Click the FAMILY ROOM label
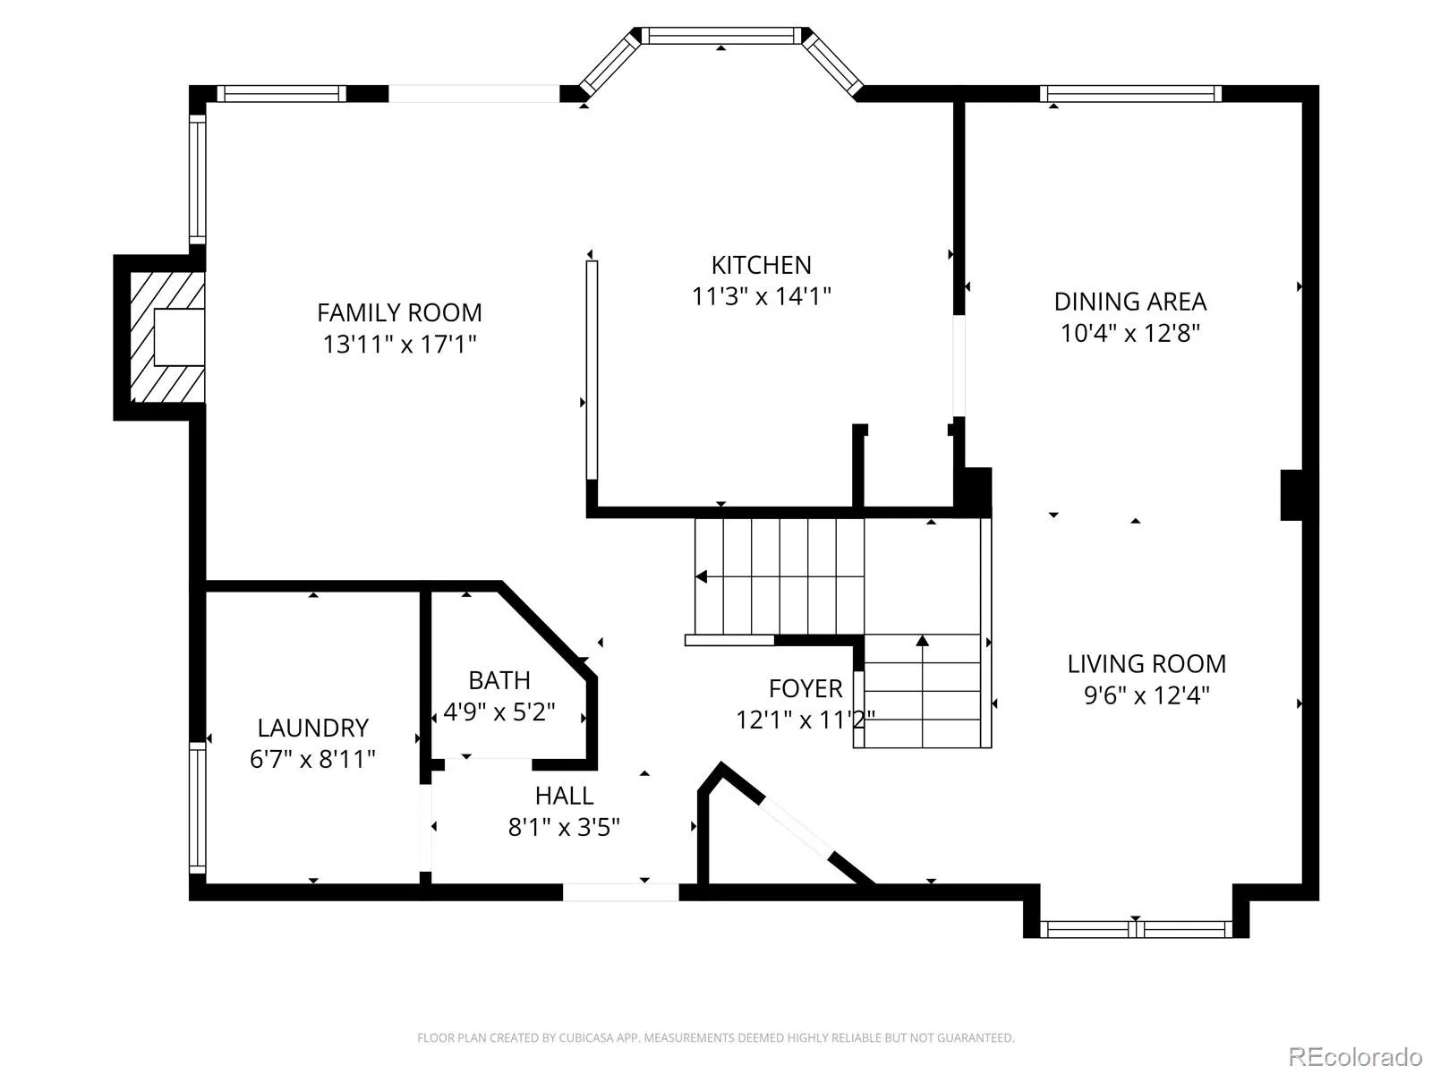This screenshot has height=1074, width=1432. pyautogui.click(x=399, y=313)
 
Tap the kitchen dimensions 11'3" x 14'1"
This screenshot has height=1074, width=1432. pyautogui.click(x=762, y=297)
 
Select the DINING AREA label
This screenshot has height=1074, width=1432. pyautogui.click(x=1130, y=302)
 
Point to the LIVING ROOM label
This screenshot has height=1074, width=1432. pyautogui.click(x=1146, y=664)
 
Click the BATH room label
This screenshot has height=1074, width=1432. pyautogui.click(x=499, y=681)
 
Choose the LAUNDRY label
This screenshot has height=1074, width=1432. pyautogui.click(x=313, y=728)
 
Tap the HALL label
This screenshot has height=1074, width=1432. pyautogui.click(x=565, y=796)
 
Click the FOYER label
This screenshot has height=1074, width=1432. pyautogui.click(x=805, y=688)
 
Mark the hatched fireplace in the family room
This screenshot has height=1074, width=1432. pyautogui.click(x=167, y=337)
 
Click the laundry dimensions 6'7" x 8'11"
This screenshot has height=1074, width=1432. pyautogui.click(x=313, y=759)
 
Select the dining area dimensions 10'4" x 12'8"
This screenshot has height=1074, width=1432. pyautogui.click(x=1130, y=333)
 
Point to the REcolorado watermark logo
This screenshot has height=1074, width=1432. pyautogui.click(x=1355, y=1056)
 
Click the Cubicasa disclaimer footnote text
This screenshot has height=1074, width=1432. pyautogui.click(x=716, y=1037)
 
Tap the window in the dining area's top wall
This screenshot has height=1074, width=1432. pyautogui.click(x=1130, y=94)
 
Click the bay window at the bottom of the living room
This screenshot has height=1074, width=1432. pyautogui.click(x=1136, y=929)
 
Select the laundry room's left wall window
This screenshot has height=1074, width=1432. pyautogui.click(x=198, y=808)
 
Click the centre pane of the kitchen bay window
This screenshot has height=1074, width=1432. pyautogui.click(x=720, y=35)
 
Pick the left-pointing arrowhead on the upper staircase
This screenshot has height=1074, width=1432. pyautogui.click(x=702, y=577)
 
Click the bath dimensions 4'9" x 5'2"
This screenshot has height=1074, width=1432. pyautogui.click(x=499, y=712)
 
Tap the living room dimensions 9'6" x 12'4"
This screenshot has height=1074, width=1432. pyautogui.click(x=1146, y=695)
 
